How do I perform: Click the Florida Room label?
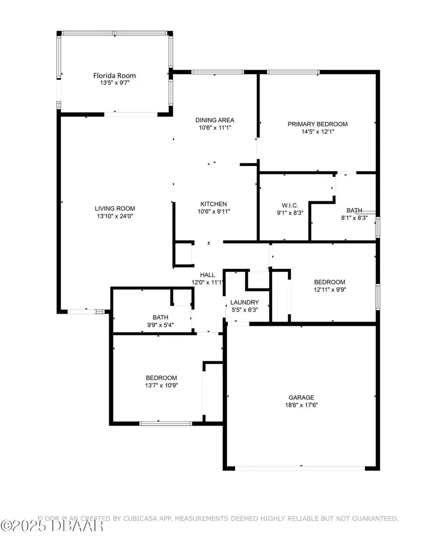pos(114,75)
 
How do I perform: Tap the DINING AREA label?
pos(215,120)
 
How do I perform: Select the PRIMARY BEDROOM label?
pos(317,124)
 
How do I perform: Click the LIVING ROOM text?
pos(114,208)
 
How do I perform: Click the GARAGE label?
pos(302,397)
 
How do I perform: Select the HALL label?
pos(207,275)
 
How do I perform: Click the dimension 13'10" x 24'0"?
pos(114,217)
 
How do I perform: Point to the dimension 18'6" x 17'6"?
pos(302,405)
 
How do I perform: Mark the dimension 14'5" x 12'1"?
pos(317,131)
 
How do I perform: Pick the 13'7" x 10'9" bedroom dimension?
pos(161,386)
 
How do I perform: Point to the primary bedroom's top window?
pos(293,73)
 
